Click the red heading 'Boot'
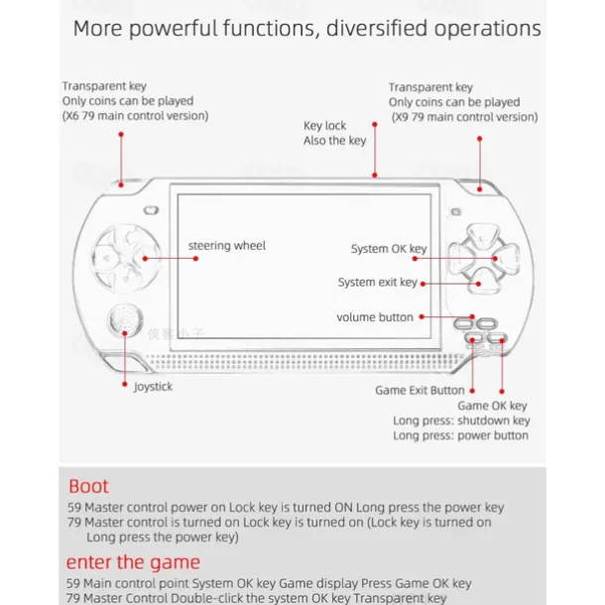point(88,487)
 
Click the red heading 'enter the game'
point(133,562)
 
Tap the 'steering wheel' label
point(227,246)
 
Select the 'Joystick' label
point(153,387)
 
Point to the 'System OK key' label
point(389,249)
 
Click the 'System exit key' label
point(377,283)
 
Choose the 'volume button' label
point(375,317)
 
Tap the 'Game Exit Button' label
point(420,390)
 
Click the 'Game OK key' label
point(492,406)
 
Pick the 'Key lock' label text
point(325,126)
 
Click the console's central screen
point(303,259)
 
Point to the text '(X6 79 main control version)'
point(136,116)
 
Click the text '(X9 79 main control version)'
point(462,117)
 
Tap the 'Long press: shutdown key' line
point(461,421)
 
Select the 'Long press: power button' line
point(460,435)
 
